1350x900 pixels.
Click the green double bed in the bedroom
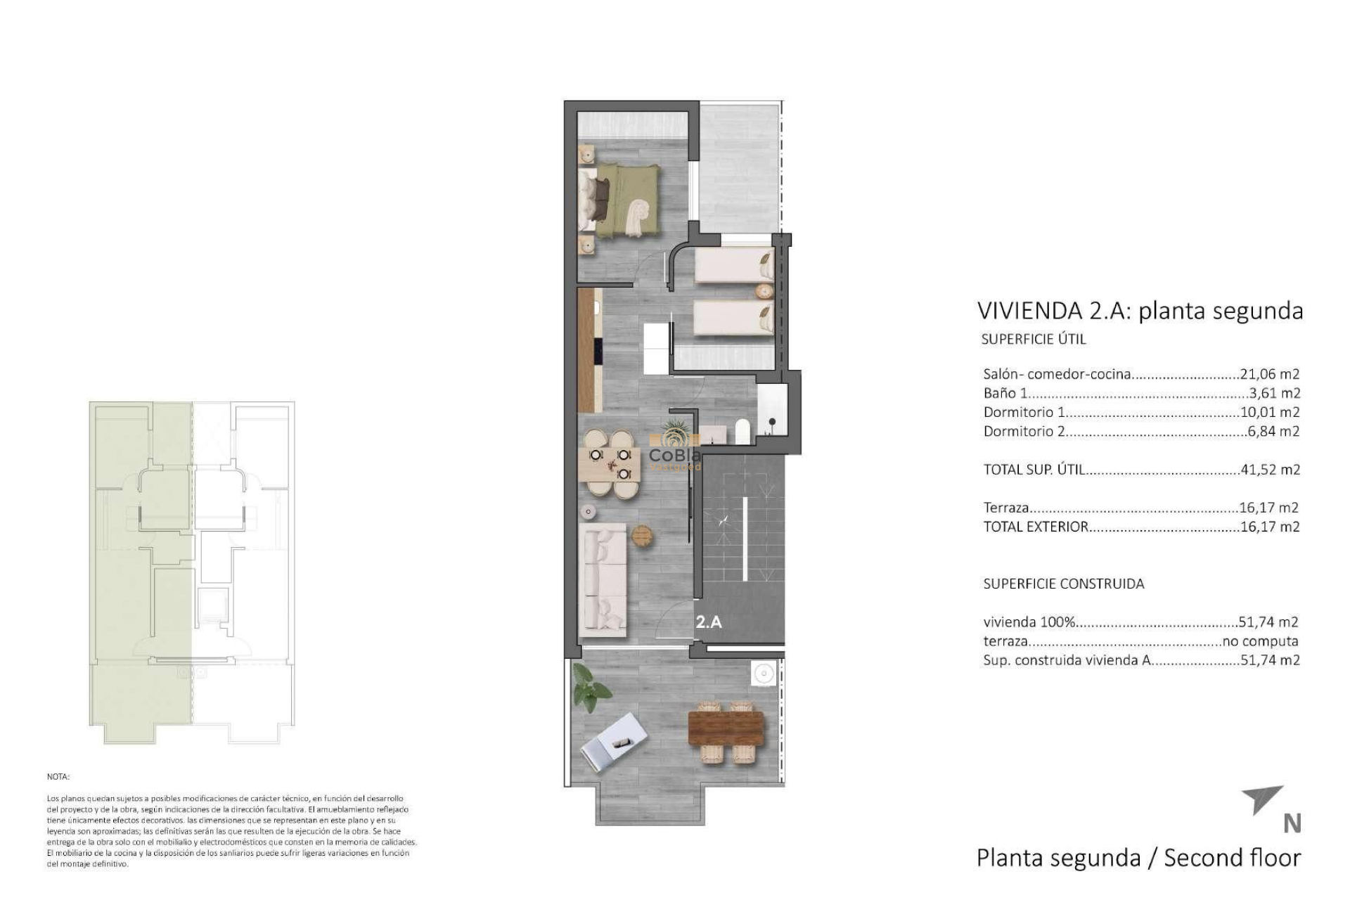[x=622, y=200]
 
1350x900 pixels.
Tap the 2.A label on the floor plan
[x=709, y=622]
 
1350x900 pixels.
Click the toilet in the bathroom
[x=742, y=430]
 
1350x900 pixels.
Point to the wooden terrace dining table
[x=726, y=728]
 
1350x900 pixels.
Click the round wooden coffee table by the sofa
[x=643, y=536]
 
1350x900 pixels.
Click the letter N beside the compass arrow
[x=1292, y=824]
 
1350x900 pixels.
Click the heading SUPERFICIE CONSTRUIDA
[x=1063, y=584]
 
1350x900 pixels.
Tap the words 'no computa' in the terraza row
[x=1260, y=641]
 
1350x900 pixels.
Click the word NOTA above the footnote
[x=58, y=777]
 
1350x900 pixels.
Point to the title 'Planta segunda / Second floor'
[x=1138, y=858]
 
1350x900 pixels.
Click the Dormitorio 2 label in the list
[x=1024, y=432]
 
